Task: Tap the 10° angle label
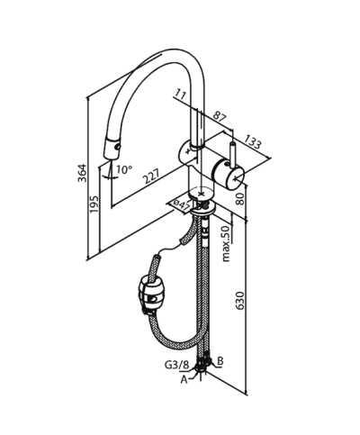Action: coord(123,168)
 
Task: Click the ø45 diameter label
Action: coord(181,205)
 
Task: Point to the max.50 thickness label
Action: coord(226,240)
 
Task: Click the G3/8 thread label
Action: coord(176,365)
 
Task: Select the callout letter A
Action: coord(184,380)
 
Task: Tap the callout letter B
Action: coord(221,360)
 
